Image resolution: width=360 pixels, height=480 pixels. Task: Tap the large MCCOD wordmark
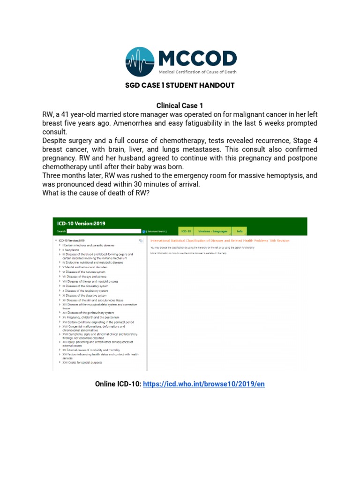pos(197,59)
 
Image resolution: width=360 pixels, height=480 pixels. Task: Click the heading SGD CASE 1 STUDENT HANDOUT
pos(180,85)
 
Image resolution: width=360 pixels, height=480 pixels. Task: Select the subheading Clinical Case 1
pos(180,105)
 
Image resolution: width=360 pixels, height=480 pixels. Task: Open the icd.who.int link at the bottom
pos(204,384)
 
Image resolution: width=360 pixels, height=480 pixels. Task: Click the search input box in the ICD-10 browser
pos(104,231)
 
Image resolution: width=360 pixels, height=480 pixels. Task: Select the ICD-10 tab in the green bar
pos(186,231)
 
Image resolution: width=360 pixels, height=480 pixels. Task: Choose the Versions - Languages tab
pos(212,231)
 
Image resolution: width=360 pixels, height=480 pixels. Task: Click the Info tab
pos(240,231)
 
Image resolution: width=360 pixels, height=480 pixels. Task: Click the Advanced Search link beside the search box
pos(157,231)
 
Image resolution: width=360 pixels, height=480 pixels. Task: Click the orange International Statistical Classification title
pos(219,240)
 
